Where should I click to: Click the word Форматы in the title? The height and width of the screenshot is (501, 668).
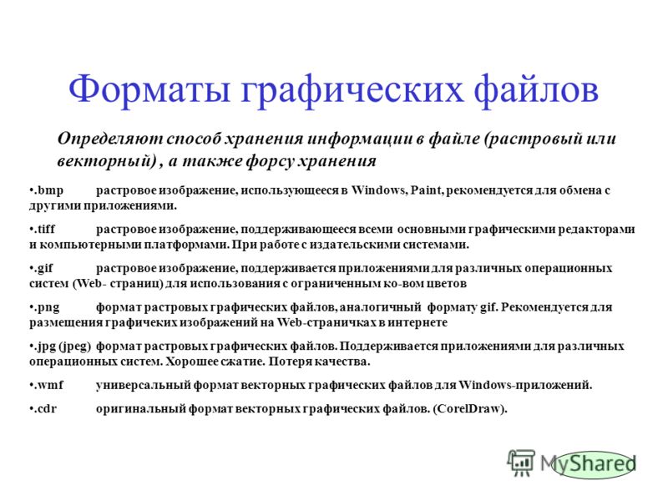149,90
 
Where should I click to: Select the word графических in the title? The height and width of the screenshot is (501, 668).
352,90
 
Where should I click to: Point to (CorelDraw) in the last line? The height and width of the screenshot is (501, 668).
470,409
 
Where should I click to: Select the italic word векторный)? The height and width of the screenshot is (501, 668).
107,161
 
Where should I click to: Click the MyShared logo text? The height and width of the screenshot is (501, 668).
589,463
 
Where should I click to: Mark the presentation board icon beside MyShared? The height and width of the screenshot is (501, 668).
521,463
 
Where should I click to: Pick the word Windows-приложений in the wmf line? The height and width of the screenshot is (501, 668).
525,385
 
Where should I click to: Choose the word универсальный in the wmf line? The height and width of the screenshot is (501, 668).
143,386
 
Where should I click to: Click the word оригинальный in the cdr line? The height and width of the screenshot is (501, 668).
140,409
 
